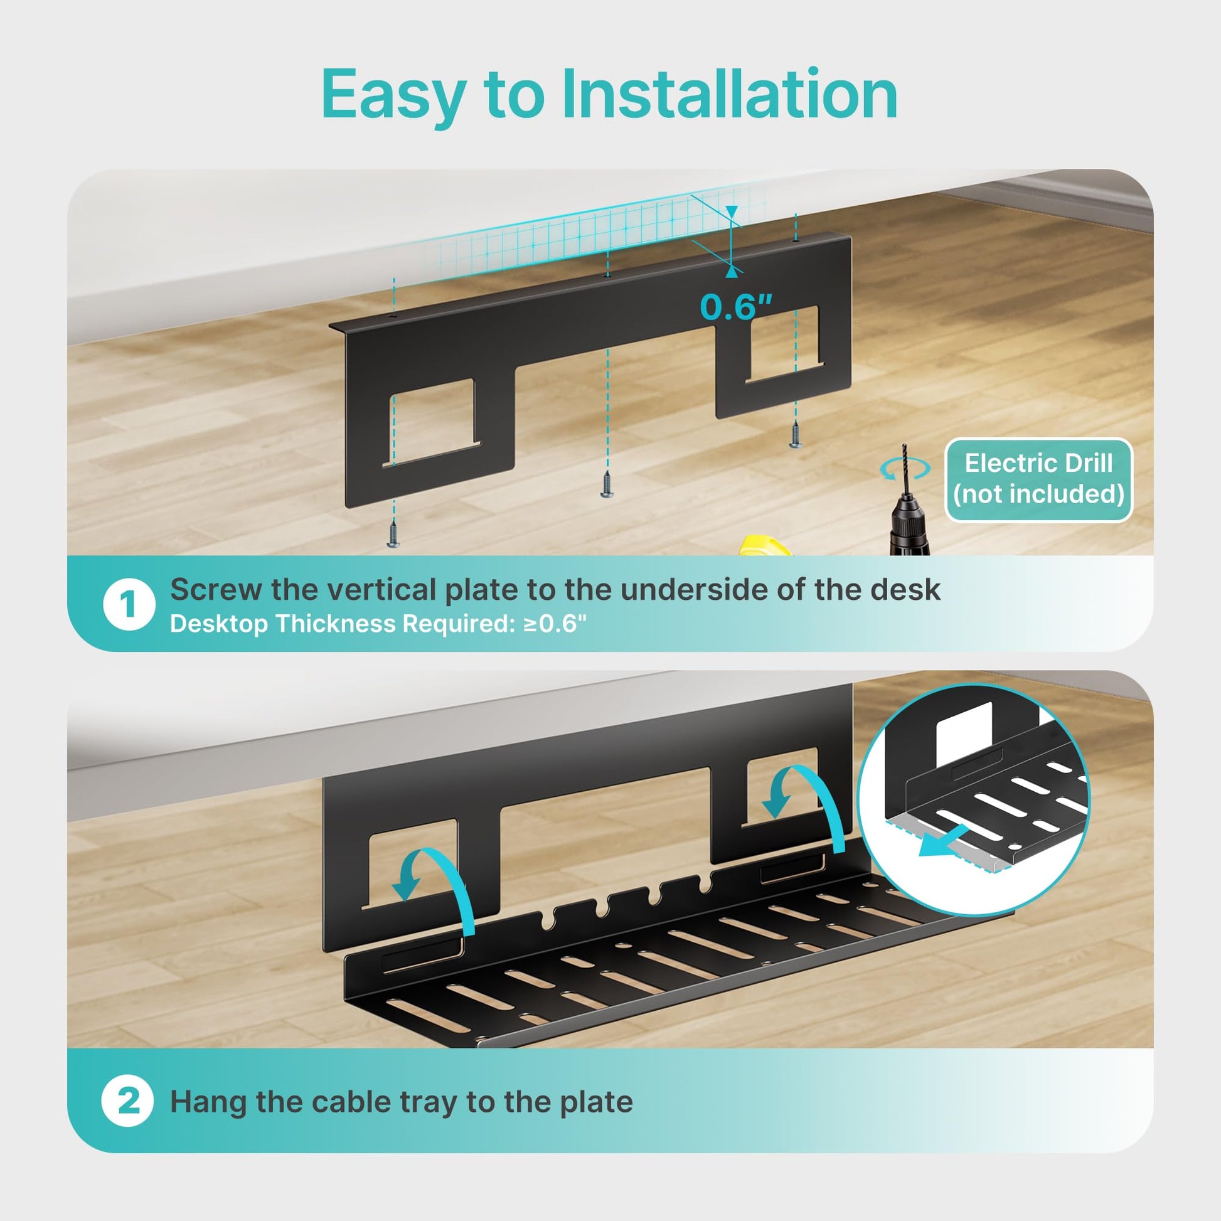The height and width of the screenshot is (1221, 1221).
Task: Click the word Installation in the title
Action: (x=729, y=94)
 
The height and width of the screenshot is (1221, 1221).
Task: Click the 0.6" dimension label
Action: (x=736, y=308)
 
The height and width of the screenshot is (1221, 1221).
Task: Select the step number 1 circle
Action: (x=129, y=604)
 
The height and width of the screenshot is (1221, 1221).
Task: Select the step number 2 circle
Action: (x=127, y=1101)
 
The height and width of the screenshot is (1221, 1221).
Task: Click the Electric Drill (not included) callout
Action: (x=1038, y=479)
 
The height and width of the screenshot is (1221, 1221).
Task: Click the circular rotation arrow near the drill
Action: (x=905, y=468)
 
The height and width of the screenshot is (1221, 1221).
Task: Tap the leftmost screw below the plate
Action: (x=393, y=533)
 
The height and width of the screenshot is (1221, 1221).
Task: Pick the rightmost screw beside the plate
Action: (x=796, y=435)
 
